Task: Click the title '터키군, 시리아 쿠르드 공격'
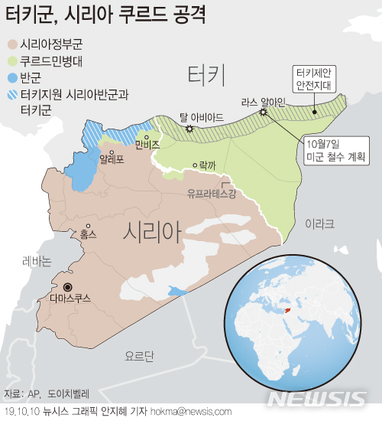115,15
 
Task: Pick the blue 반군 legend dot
12,77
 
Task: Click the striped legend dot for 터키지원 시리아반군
12,94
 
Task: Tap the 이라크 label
319,224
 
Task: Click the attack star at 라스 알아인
264,113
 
